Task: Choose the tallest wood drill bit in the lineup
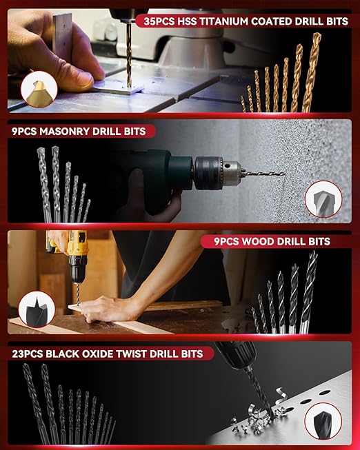coord(310,289)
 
